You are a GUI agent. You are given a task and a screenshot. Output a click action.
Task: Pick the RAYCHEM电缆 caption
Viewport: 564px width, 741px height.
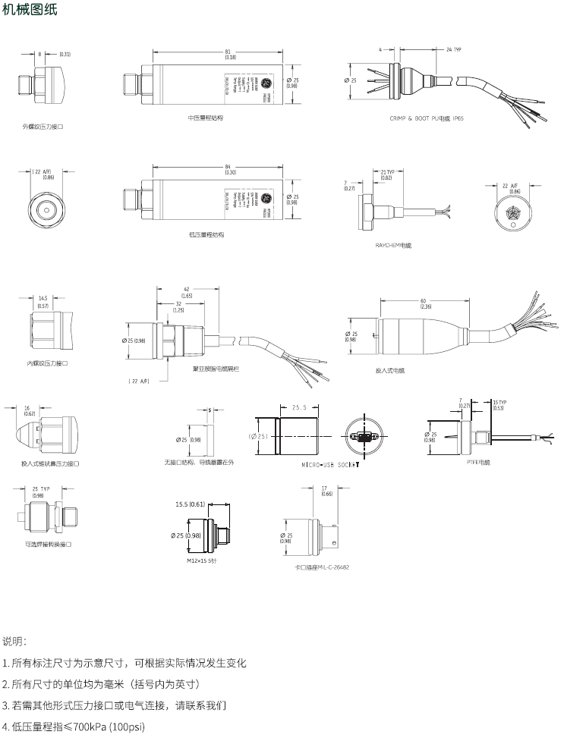[394, 246]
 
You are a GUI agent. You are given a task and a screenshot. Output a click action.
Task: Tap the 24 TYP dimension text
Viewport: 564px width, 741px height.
[452, 49]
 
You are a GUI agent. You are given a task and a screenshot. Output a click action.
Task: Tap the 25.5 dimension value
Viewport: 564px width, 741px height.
[298, 407]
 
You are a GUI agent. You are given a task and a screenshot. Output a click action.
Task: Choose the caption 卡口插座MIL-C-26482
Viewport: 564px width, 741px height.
[322, 567]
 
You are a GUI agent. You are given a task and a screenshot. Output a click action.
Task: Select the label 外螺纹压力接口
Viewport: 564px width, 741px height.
[43, 127]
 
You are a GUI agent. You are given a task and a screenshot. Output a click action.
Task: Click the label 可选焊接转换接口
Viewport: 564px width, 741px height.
[48, 544]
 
